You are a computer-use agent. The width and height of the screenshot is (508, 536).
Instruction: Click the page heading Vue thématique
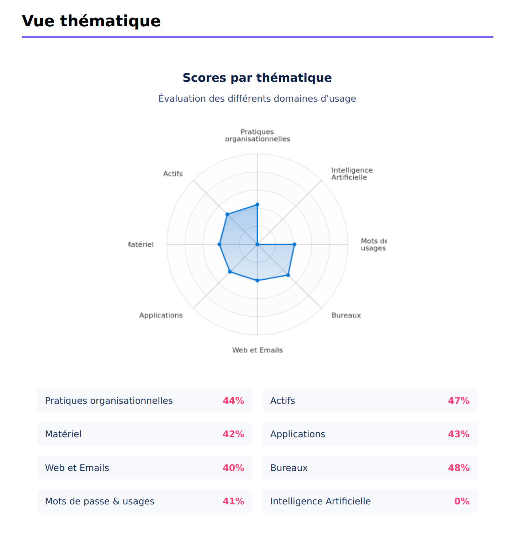click(x=91, y=21)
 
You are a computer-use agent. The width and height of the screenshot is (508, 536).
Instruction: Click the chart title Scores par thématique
click(x=257, y=78)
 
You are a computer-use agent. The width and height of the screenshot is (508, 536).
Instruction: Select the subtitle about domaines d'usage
click(x=257, y=98)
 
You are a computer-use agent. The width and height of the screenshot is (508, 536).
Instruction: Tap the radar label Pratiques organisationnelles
click(x=257, y=135)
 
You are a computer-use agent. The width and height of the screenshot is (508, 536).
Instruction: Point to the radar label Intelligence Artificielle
click(x=351, y=174)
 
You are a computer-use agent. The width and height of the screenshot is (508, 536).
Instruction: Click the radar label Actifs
click(x=173, y=174)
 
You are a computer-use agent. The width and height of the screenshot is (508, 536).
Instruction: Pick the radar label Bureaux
click(x=346, y=315)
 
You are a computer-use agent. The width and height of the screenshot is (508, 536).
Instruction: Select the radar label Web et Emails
click(x=257, y=350)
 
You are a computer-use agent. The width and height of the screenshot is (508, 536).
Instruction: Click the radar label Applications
click(x=161, y=315)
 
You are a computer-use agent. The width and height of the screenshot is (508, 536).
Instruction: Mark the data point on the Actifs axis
click(x=227, y=214)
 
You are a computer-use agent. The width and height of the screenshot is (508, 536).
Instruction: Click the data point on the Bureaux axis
click(x=288, y=275)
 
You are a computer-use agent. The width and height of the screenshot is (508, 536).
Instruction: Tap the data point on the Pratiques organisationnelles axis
click(x=258, y=205)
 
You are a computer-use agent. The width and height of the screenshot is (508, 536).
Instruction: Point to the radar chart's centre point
click(x=258, y=245)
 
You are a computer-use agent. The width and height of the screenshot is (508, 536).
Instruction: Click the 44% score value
click(x=233, y=401)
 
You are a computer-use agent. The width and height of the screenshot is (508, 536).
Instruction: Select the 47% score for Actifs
click(x=459, y=401)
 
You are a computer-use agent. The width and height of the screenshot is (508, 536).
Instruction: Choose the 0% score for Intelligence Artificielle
click(x=462, y=501)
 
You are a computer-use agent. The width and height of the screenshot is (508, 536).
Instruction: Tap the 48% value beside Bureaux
click(x=459, y=468)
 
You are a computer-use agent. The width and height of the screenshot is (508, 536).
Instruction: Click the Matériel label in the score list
click(x=63, y=434)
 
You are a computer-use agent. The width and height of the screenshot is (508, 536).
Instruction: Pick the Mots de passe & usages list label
click(x=100, y=501)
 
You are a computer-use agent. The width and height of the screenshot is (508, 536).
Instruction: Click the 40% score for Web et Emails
click(x=233, y=468)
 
